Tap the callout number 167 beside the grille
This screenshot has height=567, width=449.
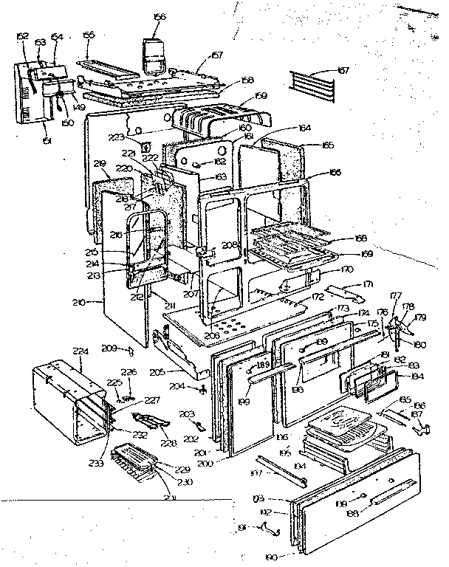point(342,71)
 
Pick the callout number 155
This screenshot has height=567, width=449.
point(89,35)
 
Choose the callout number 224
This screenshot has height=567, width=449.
point(79,353)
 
